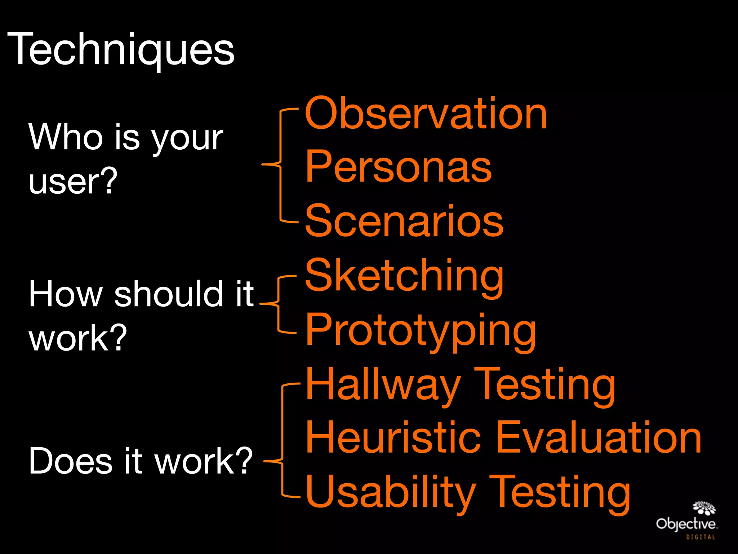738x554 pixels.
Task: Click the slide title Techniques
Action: click(x=121, y=49)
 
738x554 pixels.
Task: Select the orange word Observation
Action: click(x=426, y=114)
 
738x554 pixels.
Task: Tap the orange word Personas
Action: click(x=398, y=167)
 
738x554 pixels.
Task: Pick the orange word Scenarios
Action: click(x=404, y=221)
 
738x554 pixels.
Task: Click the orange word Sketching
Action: click(x=404, y=276)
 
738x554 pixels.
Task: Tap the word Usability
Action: click(x=391, y=492)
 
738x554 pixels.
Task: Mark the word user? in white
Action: click(x=73, y=181)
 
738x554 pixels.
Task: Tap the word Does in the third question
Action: click(x=71, y=461)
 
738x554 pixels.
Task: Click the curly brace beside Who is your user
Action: click(x=280, y=165)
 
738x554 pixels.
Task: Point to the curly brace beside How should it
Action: click(x=278, y=304)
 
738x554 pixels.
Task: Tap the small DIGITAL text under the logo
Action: click(x=701, y=537)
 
